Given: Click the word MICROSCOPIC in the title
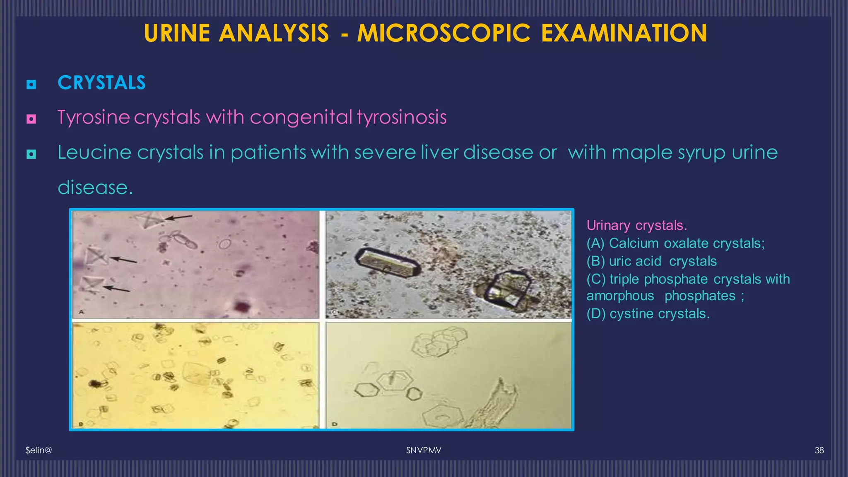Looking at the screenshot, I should (443, 33).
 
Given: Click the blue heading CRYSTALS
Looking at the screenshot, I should (101, 83).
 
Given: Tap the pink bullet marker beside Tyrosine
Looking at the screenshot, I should (31, 119).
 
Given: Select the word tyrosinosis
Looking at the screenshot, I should (402, 117).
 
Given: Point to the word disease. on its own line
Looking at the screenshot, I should (95, 188).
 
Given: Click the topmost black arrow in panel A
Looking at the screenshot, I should (179, 217).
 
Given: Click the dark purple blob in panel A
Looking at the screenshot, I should (242, 307).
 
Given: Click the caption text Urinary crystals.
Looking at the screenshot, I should (636, 225).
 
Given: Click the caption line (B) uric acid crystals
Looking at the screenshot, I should (651, 261).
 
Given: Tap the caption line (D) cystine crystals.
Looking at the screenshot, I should (648, 314).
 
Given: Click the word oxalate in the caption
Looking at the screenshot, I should (686, 243).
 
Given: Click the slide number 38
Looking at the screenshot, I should (819, 450).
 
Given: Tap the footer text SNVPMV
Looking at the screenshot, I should (424, 450).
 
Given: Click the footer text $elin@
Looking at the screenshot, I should (39, 450).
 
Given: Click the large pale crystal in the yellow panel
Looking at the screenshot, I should (196, 373).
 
